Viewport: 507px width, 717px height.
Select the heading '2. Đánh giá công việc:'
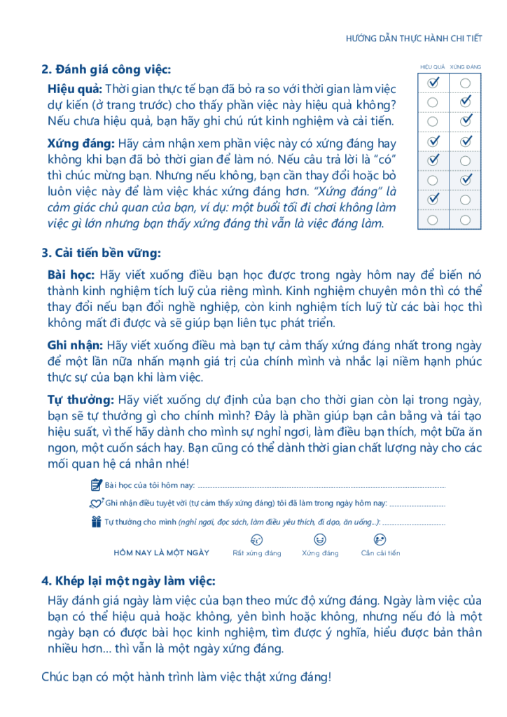106,69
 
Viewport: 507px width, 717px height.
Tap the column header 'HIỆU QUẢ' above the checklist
433,67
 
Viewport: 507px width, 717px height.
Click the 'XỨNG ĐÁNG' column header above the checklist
466,67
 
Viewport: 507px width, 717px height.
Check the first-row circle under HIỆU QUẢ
433,83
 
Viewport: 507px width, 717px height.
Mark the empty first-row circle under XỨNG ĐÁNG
466,83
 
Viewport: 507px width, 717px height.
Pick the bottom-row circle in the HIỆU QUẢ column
433,220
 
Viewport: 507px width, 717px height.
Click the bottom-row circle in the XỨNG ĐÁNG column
466,220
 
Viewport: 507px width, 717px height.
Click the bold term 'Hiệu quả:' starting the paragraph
75,89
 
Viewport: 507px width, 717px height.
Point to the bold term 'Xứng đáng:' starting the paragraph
81,143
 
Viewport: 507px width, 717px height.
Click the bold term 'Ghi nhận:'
76,345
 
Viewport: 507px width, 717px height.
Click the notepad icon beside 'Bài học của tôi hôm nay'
97,485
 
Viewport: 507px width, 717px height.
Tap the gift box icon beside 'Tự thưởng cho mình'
97,522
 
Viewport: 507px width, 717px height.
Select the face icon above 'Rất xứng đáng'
256,540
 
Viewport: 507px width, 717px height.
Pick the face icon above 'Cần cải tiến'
380,540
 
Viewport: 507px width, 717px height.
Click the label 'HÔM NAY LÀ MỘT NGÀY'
162,552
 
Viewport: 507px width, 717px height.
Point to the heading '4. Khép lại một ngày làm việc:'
128,581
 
